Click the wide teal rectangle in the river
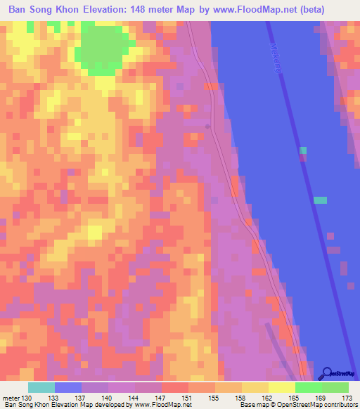(320, 200)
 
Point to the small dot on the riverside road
(207, 126)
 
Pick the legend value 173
(347, 398)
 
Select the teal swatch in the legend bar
(41, 387)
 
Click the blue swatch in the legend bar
(68, 387)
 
